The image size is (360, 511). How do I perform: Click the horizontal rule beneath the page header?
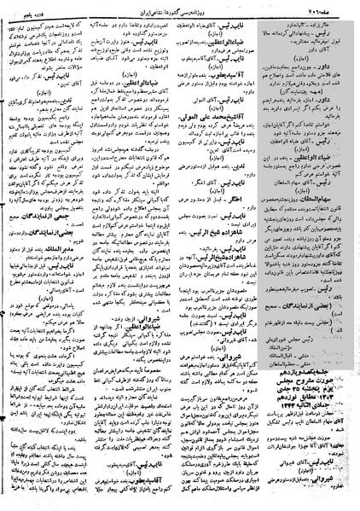pos(179,19)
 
